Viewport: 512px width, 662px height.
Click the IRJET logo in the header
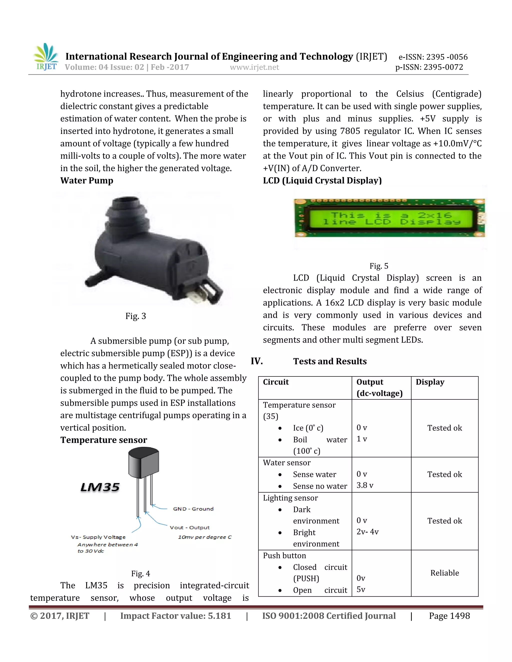click(46, 57)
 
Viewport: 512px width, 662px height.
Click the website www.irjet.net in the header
click(254, 67)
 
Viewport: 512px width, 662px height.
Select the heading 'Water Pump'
click(87, 181)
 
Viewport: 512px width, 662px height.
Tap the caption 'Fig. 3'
click(135, 316)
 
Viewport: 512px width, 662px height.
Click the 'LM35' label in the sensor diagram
click(100, 487)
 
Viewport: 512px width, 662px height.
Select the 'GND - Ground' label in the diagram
click(193, 509)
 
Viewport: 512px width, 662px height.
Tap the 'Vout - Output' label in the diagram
click(189, 528)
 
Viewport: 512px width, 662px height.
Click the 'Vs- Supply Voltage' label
click(98, 537)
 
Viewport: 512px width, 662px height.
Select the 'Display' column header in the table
click(430, 382)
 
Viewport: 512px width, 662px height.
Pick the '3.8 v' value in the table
click(364, 485)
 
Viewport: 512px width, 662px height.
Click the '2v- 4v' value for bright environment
click(367, 532)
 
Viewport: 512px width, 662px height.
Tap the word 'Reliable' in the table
click(444, 573)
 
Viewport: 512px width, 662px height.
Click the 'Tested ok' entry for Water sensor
click(444, 474)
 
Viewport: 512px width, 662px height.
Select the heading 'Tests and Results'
click(330, 361)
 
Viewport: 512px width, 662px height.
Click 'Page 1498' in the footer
click(449, 616)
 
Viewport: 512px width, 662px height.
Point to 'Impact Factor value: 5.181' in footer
click(175, 616)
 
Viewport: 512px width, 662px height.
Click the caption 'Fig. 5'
click(378, 266)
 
